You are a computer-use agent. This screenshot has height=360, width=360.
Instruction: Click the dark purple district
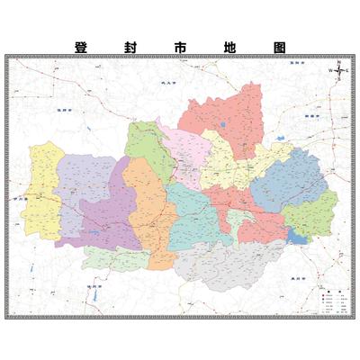[103, 216]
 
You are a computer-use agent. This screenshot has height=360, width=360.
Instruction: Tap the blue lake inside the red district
[220, 124]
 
